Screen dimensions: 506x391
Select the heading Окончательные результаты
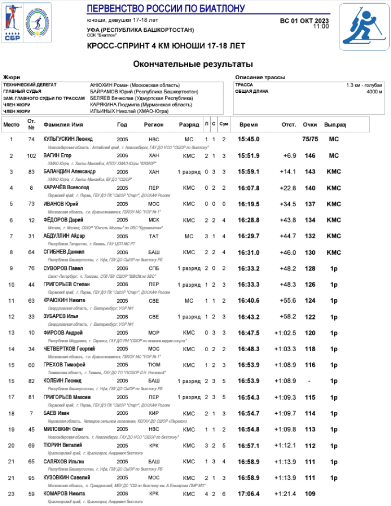[193, 64]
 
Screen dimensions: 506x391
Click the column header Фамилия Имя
[64, 125]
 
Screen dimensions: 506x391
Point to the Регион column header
[154, 125]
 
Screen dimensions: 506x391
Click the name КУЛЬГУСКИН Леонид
[68, 139]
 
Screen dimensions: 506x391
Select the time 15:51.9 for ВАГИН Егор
[249, 156]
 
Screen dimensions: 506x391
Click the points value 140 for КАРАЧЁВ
[310, 188]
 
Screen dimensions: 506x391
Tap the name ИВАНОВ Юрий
[61, 204]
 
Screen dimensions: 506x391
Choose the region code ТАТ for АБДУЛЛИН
[154, 236]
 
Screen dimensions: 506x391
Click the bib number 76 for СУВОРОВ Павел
[31, 268]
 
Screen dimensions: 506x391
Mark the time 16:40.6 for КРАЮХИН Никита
[249, 301]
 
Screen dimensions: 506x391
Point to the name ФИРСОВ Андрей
[63, 332]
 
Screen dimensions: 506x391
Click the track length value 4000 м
[374, 92]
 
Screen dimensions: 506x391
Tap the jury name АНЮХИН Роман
[135, 85]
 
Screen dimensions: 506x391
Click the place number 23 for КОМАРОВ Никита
[11, 494]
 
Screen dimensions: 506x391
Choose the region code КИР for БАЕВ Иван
[154, 413]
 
